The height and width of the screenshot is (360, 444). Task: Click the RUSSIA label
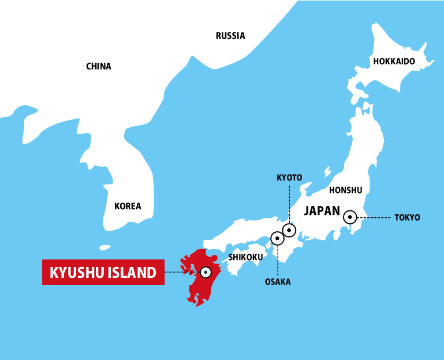point(230,36)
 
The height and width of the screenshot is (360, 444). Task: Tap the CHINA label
point(98,66)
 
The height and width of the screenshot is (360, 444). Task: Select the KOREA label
point(127,206)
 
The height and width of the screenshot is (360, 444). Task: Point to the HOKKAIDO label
point(394,61)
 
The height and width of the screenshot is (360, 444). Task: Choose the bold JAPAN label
point(322,211)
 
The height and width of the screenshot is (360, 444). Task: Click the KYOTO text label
point(289,177)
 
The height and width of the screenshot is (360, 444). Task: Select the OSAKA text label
point(278,282)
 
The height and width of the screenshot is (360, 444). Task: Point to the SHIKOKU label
point(245,257)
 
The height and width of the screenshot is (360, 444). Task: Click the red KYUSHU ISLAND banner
point(103,272)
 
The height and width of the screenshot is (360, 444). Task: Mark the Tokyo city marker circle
point(350,217)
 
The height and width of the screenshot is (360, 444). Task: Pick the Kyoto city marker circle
point(289,230)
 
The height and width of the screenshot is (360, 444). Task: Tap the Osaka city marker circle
point(277,237)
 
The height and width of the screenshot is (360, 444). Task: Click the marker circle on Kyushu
point(205,272)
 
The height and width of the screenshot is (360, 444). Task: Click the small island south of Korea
point(105,247)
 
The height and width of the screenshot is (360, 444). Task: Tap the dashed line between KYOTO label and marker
point(289,202)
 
